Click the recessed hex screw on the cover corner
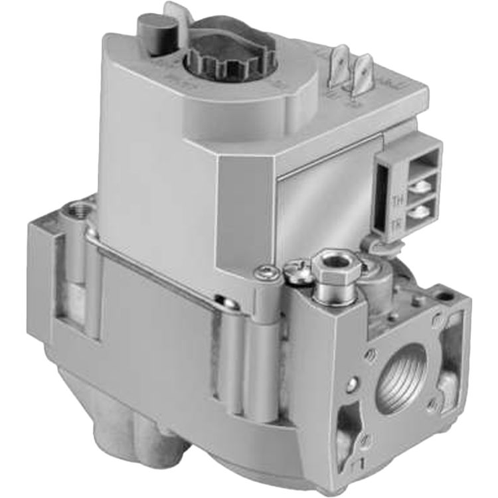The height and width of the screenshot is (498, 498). pos(266,270)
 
